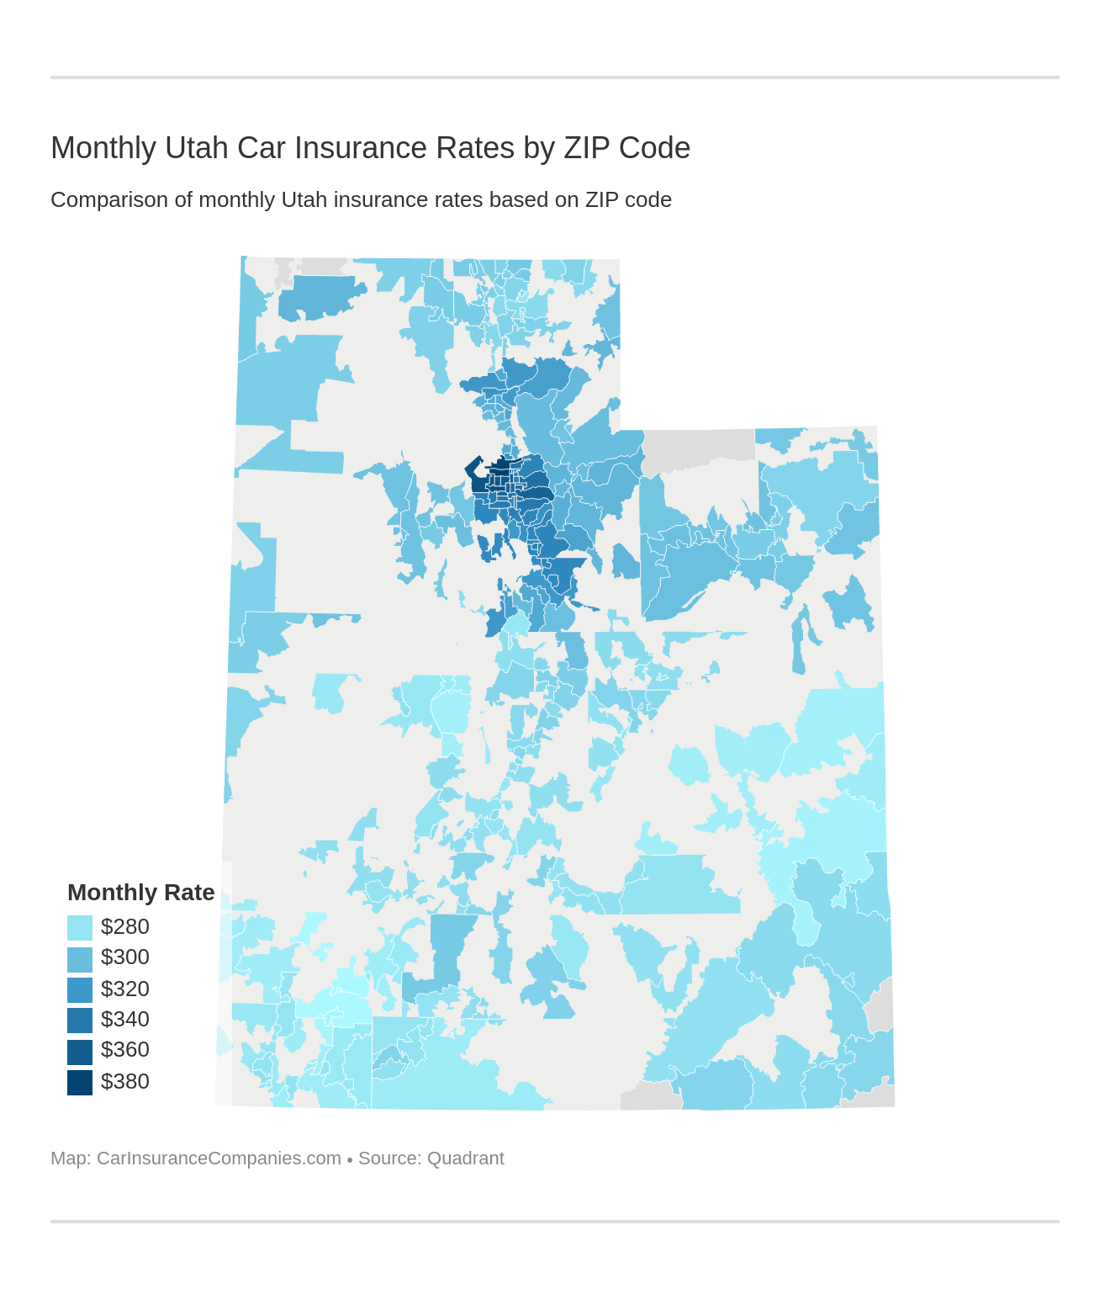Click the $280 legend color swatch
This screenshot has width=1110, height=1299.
pos(80,928)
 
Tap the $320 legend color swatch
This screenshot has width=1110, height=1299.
pos(80,989)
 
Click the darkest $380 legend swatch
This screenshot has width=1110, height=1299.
pos(80,1082)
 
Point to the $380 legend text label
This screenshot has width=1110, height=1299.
pos(125,1082)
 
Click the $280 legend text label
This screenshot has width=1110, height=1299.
pos(125,927)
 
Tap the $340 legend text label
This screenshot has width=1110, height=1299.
pos(125,1020)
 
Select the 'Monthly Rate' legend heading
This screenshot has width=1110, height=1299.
pos(140,893)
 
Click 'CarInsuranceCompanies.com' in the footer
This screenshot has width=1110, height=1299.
pos(219,1158)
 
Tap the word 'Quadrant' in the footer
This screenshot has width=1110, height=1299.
pos(466,1158)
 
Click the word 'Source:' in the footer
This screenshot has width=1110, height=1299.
pos(389,1158)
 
